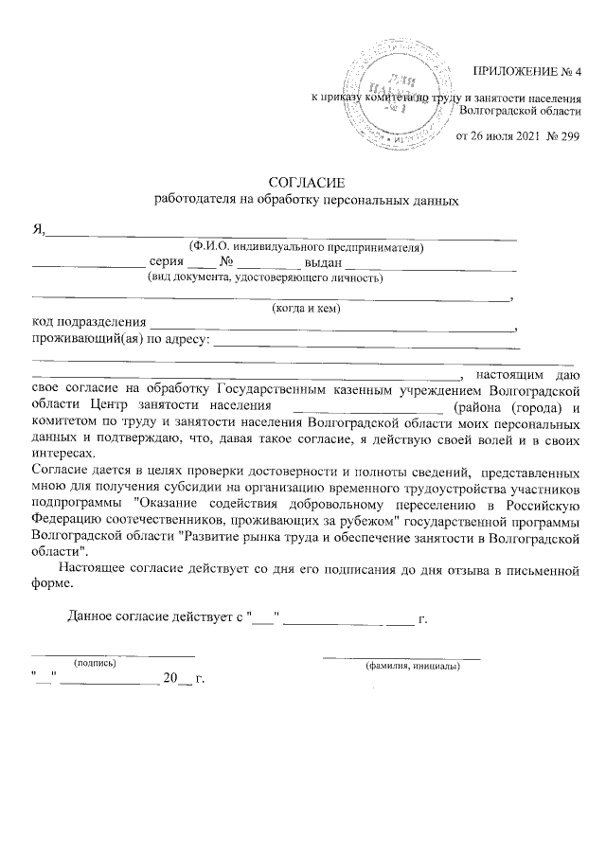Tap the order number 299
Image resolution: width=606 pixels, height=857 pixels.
point(567,135)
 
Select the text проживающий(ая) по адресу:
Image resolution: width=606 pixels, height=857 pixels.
point(120,339)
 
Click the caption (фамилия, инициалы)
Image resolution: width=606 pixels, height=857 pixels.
point(413,667)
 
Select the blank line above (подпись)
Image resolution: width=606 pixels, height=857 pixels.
point(114,654)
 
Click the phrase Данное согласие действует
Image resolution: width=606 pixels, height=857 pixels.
point(143,620)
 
